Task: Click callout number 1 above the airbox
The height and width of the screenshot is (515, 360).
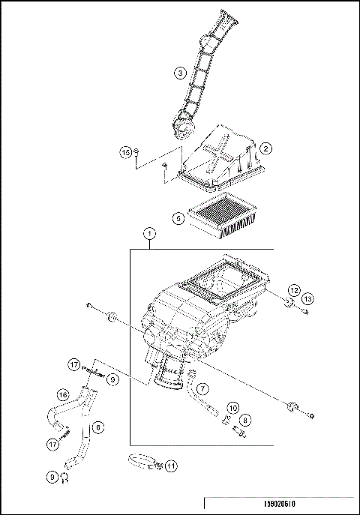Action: click(x=150, y=234)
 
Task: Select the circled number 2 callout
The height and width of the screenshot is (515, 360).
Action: click(x=265, y=150)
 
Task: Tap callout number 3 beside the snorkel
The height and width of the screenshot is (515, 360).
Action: click(x=179, y=73)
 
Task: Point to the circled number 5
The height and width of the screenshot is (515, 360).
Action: click(x=177, y=219)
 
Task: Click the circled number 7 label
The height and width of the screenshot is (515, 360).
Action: click(x=203, y=388)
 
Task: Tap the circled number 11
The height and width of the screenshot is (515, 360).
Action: click(x=171, y=466)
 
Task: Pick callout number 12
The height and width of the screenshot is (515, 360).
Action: click(x=295, y=289)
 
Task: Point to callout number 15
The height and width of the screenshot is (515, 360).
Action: click(x=126, y=152)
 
